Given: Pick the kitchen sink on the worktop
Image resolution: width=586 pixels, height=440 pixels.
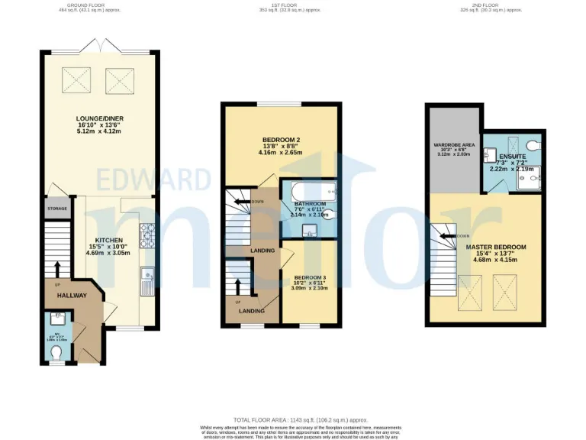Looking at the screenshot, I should tap(146, 280).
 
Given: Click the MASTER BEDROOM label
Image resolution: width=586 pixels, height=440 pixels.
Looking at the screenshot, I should tap(495, 247).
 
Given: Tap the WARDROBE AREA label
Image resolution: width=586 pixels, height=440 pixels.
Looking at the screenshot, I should tap(455, 144).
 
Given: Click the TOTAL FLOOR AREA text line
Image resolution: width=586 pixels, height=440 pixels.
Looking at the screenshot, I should tap(301, 420).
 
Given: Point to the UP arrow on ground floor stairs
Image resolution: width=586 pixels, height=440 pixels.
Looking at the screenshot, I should tap(57, 267).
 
